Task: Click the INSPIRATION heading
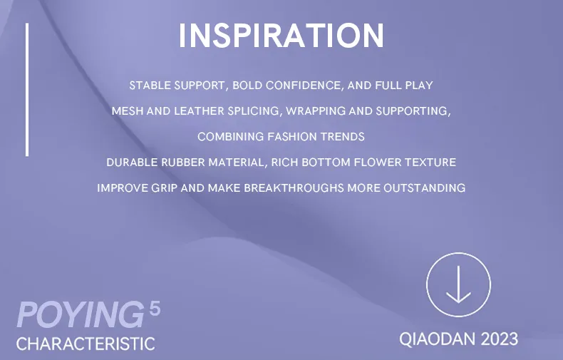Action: [x=281, y=35]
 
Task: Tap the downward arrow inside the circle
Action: [x=458, y=284]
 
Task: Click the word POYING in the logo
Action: [x=81, y=315]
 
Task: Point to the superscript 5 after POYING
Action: [x=155, y=308]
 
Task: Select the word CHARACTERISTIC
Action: [x=86, y=344]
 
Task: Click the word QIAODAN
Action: [x=437, y=339]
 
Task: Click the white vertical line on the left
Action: [x=27, y=89]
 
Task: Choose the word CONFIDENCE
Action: [x=303, y=86]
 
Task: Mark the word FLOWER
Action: [x=378, y=163]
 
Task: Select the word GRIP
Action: [x=164, y=188]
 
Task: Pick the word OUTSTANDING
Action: [x=425, y=188]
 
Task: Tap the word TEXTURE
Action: [x=430, y=163]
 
